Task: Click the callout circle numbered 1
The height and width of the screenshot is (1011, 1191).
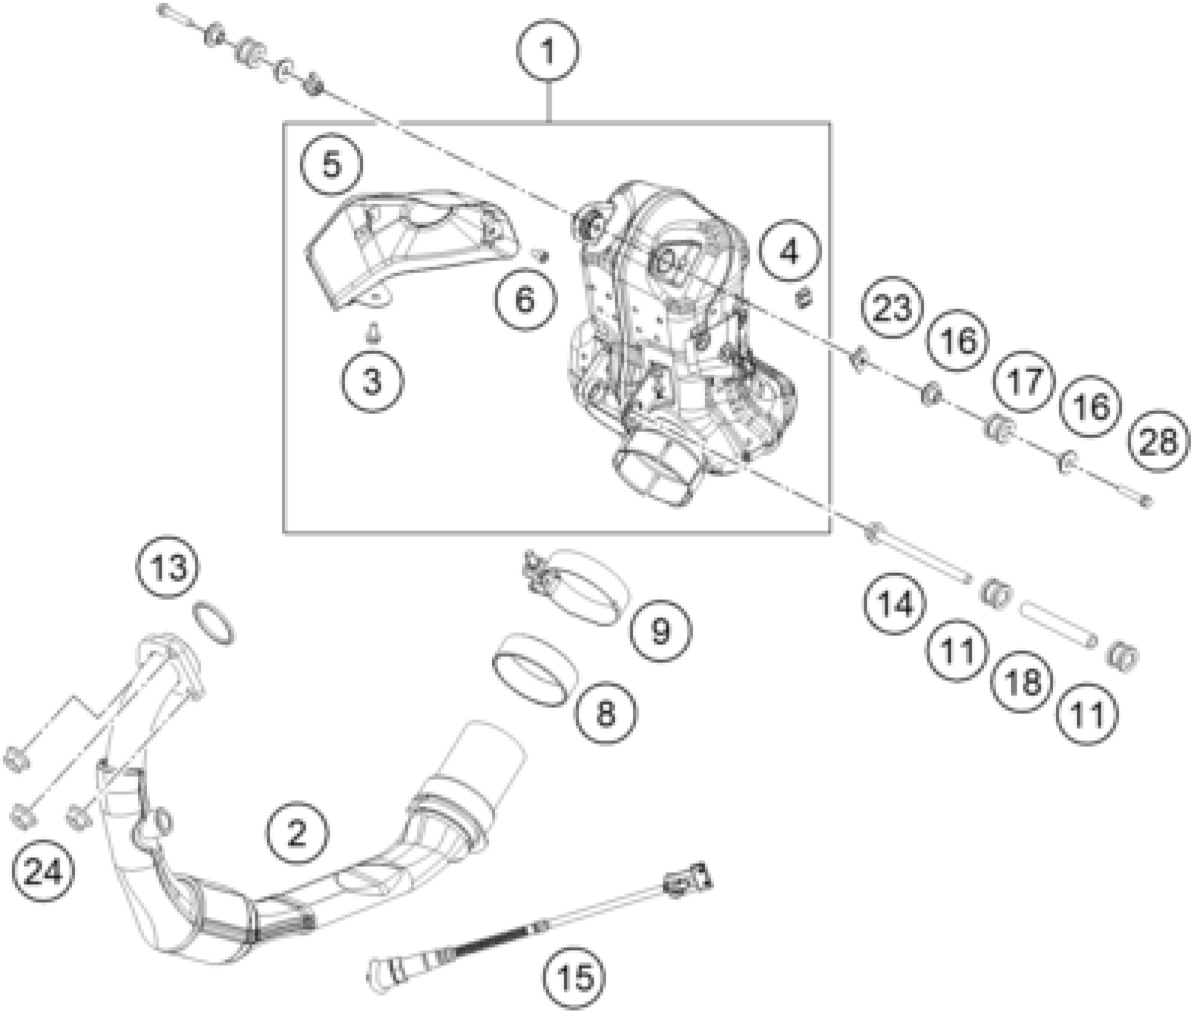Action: tap(548, 51)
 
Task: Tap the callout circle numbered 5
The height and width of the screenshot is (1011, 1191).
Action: tap(332, 164)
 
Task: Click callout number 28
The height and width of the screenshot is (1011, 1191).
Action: tap(1159, 442)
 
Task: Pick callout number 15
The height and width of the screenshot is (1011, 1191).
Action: tap(575, 977)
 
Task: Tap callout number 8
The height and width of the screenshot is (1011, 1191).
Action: tap(605, 712)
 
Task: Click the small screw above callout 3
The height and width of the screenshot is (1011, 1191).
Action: tap(373, 334)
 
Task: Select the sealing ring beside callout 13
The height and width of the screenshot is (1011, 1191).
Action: tap(214, 622)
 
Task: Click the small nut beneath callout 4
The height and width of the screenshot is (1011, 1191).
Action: tap(804, 297)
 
